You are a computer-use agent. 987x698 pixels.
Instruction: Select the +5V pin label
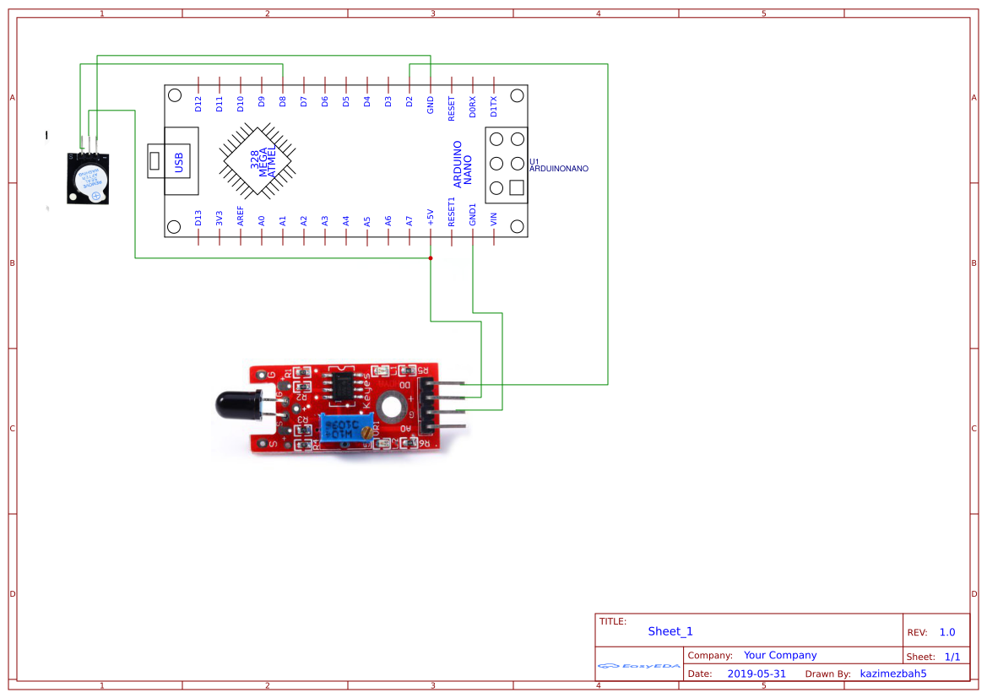431,218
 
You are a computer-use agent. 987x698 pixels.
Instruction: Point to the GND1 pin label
473,214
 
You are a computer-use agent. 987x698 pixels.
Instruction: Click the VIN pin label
494,220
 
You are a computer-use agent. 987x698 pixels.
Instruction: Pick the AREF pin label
241,217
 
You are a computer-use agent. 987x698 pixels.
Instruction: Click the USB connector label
179,161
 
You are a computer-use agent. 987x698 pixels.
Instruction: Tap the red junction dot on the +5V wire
431,258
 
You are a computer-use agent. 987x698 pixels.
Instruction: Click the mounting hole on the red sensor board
390,407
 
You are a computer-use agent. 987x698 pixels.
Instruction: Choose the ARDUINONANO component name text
558,169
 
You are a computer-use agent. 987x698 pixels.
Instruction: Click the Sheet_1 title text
670,631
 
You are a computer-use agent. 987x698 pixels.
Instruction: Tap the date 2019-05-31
757,674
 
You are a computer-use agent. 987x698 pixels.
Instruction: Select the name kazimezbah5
893,674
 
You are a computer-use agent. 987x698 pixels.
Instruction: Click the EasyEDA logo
638,666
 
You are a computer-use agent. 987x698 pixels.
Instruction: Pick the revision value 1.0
947,632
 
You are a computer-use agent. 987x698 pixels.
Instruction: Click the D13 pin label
198,219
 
